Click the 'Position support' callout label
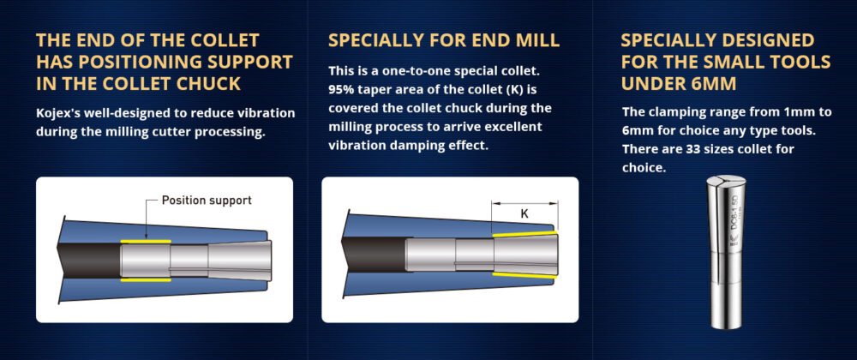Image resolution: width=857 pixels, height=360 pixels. [x=207, y=201]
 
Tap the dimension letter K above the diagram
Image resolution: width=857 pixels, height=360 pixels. [x=524, y=214]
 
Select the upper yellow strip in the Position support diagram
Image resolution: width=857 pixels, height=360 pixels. [x=146, y=241]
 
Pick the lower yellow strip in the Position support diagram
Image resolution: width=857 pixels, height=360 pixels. [x=146, y=280]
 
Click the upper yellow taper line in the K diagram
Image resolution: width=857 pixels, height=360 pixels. [x=524, y=234]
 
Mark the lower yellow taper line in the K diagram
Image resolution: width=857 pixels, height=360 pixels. [x=524, y=275]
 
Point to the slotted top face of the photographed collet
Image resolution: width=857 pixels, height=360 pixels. [x=726, y=181]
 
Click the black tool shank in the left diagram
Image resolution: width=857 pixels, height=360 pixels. [x=88, y=261]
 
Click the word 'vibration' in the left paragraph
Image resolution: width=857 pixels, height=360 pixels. [x=270, y=114]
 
